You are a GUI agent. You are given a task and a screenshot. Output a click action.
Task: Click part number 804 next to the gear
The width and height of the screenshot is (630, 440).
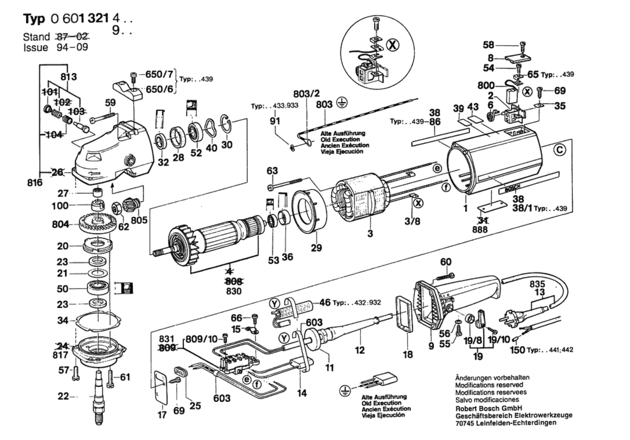tap(60, 224)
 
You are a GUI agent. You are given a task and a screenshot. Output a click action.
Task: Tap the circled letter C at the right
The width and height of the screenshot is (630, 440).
tap(560, 150)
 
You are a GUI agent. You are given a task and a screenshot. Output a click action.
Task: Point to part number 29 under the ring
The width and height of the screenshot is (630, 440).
tap(316, 248)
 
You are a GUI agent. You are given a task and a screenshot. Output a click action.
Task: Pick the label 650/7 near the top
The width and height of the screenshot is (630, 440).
tap(159, 74)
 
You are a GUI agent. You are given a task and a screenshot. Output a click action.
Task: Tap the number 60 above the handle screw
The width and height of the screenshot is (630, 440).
tap(446, 262)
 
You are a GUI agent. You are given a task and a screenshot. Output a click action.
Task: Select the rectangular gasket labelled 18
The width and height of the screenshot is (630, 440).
tap(404, 314)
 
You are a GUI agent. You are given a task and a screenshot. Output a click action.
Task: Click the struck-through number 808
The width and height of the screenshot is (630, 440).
tap(233, 281)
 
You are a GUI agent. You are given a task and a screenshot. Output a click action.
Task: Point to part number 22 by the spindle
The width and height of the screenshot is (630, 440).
tap(63, 396)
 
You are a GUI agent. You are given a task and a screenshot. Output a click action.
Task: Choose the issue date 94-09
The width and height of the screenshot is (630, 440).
tap(72, 47)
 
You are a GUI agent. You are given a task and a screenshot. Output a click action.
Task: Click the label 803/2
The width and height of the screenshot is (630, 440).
tap(306, 94)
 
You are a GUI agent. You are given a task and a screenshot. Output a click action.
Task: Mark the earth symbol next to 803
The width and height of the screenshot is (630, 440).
tap(342, 103)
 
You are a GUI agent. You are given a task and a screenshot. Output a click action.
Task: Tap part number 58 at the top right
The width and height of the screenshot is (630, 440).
tap(488, 45)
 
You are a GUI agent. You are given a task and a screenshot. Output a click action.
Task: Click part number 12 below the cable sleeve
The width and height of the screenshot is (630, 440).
tap(360, 350)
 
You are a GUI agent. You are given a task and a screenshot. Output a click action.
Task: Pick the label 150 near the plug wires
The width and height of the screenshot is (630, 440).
tap(517, 350)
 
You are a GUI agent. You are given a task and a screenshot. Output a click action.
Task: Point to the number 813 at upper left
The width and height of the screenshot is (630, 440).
tap(69, 77)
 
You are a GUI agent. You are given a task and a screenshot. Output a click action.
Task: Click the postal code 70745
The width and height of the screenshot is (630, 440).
tap(465, 423)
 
